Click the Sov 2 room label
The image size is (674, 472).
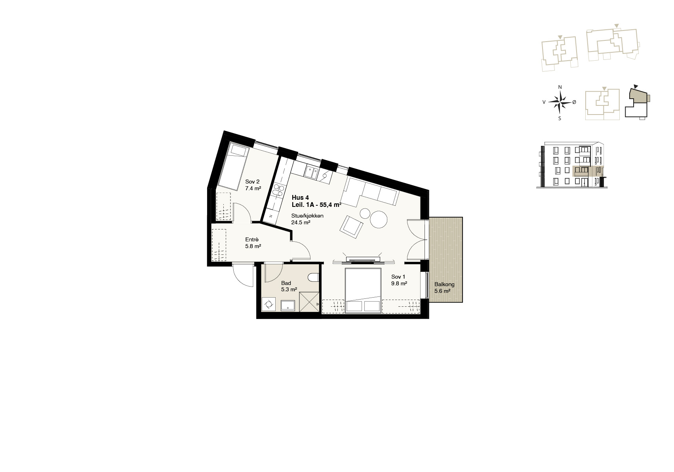tap(252, 182)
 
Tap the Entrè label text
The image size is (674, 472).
tap(252, 239)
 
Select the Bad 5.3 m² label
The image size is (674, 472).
tap(289, 286)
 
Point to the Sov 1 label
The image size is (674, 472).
tap(398, 277)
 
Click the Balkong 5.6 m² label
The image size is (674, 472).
tap(444, 288)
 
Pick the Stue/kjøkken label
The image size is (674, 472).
tap(307, 216)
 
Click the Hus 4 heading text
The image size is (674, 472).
tap(300, 198)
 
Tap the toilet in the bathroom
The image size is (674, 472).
tap(313, 277)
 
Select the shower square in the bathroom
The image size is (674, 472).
tap(309, 302)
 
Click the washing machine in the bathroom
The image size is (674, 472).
tap(268, 304)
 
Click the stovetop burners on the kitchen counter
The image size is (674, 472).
tap(278, 190)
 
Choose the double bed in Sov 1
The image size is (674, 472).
tap(363, 290)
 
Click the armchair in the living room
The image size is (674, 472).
tap(351, 227)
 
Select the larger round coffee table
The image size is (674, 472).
tap(379, 219)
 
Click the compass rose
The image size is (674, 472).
tap(560, 103)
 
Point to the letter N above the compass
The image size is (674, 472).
tap(560, 87)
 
